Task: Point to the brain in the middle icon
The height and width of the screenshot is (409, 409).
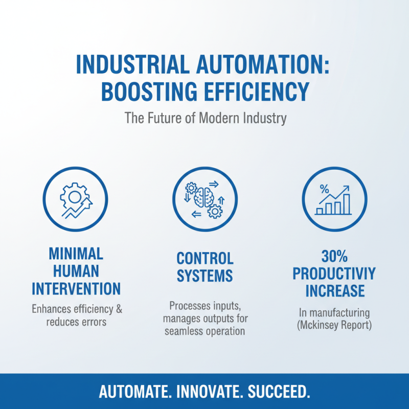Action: coord(204,197)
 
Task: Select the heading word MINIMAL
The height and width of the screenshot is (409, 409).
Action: coord(76,253)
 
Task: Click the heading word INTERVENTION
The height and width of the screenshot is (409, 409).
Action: coord(76,288)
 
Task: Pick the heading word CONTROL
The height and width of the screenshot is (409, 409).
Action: coord(204,258)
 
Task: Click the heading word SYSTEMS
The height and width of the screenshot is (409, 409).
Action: coord(204,276)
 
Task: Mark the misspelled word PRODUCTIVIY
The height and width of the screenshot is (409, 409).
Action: coord(334,273)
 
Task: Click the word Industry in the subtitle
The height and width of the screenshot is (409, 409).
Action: coord(265,118)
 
